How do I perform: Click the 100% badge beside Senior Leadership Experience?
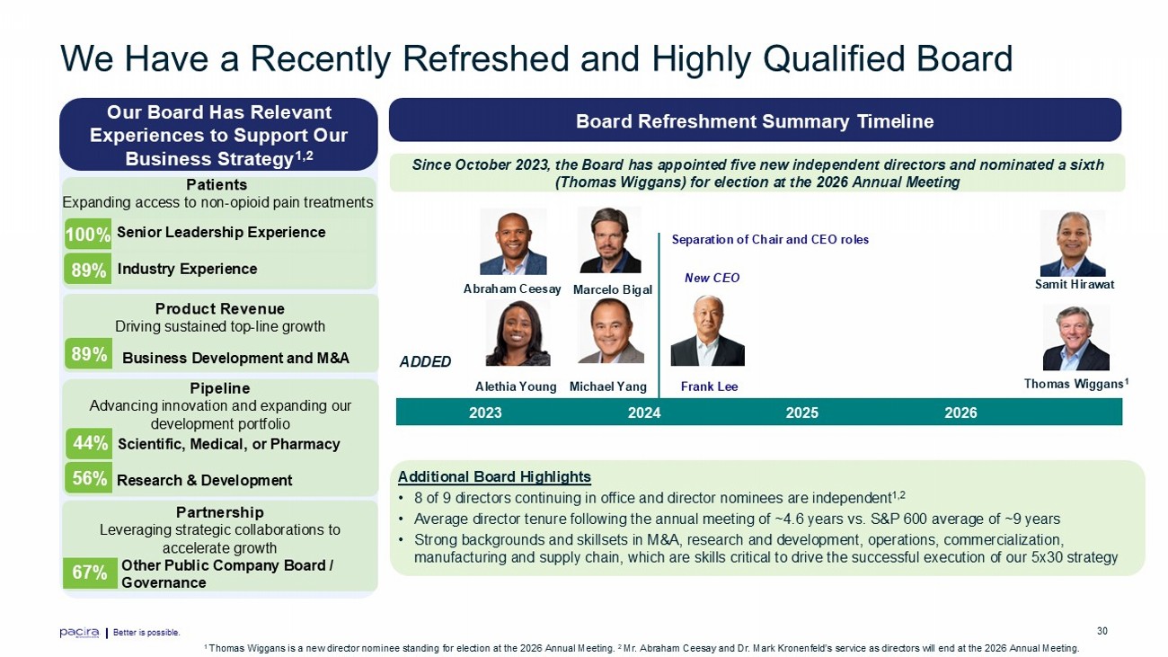pyautogui.click(x=88, y=234)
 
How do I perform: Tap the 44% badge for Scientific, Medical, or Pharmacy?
pyautogui.click(x=89, y=444)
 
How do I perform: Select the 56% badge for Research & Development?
pyautogui.click(x=89, y=478)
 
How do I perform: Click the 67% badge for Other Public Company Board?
pyautogui.click(x=90, y=573)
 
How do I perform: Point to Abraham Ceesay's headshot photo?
pyautogui.click(x=513, y=242)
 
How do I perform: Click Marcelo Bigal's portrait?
pyautogui.click(x=609, y=240)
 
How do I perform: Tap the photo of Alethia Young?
pyautogui.click(x=518, y=333)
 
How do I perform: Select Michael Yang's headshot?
pyautogui.click(x=611, y=331)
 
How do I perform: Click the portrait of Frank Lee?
pyautogui.click(x=708, y=331)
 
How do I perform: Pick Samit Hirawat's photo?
pyautogui.click(x=1073, y=244)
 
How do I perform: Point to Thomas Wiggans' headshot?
pyautogui.click(x=1076, y=337)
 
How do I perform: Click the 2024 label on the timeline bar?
pyautogui.click(x=644, y=413)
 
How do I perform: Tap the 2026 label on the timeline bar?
pyautogui.click(x=960, y=413)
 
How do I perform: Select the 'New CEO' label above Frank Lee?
pyautogui.click(x=712, y=278)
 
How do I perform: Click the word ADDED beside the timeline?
pyautogui.click(x=425, y=362)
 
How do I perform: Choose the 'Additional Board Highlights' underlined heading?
pyautogui.click(x=494, y=477)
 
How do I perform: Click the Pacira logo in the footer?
pyautogui.click(x=79, y=633)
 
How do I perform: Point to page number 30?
pyautogui.click(x=1102, y=631)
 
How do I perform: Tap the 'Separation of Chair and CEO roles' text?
pyautogui.click(x=770, y=239)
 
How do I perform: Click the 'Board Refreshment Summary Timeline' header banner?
pyautogui.click(x=755, y=120)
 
